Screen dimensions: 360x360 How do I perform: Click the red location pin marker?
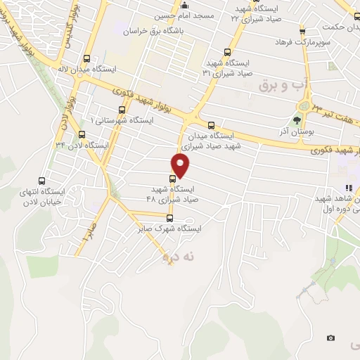(x=181, y=165)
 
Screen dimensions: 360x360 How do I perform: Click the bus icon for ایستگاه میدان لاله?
(x=86, y=59)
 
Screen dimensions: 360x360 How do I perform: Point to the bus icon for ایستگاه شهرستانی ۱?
(x=122, y=110)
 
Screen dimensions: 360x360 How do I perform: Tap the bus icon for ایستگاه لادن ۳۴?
(x=82, y=134)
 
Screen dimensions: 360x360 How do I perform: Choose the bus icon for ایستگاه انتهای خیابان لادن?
(x=41, y=180)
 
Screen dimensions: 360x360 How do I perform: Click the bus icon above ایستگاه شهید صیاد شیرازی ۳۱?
(x=226, y=51)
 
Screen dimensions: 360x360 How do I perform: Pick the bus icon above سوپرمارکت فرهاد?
(x=302, y=32)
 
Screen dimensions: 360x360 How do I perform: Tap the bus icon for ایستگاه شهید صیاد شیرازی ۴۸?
(x=173, y=178)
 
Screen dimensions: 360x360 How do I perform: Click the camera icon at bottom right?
(x=330, y=337)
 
